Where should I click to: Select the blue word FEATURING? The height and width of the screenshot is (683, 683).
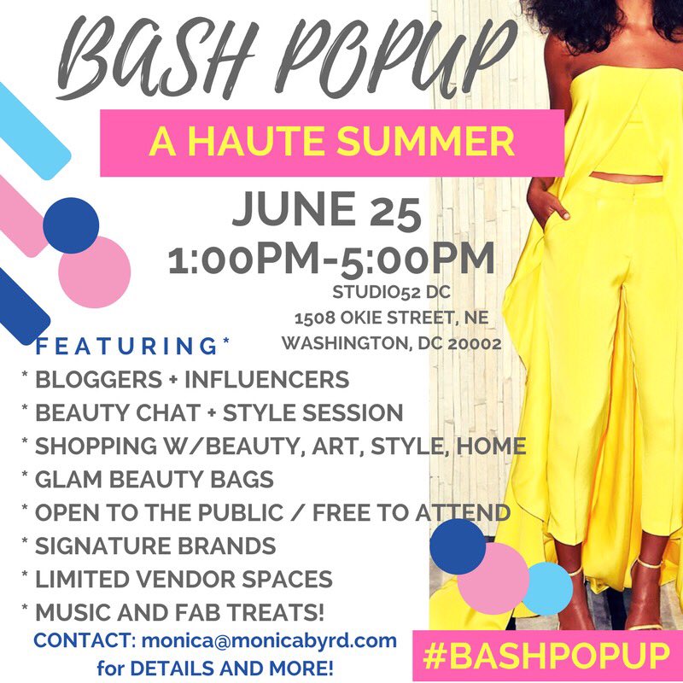click(x=128, y=347)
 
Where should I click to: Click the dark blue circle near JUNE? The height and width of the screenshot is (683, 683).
click(x=72, y=225)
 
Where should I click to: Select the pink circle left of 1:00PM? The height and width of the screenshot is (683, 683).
click(x=95, y=271)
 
